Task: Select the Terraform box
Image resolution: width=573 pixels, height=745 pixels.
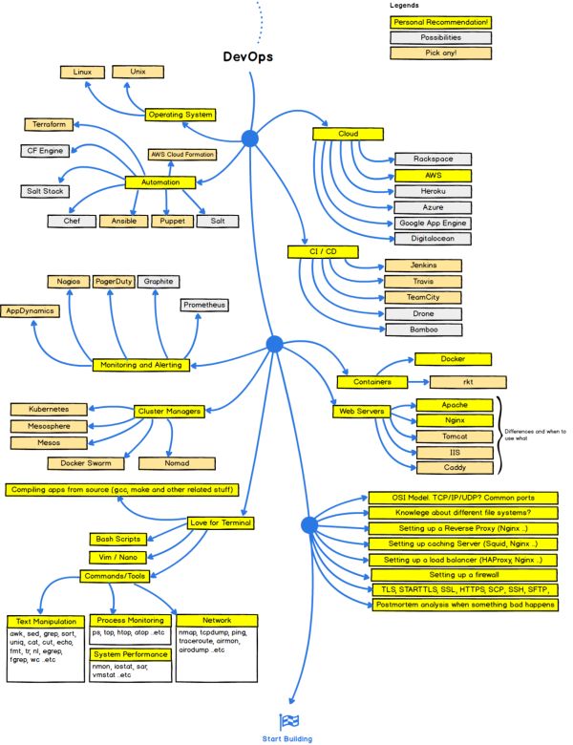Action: tap(48, 125)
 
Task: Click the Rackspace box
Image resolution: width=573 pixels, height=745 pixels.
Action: tap(433, 159)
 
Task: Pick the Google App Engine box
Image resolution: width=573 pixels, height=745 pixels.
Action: tap(433, 223)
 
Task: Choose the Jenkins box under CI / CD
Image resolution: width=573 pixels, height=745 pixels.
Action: tap(422, 265)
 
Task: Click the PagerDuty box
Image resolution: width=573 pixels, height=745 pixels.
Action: tap(112, 282)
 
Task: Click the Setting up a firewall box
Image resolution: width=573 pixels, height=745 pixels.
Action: tap(459, 574)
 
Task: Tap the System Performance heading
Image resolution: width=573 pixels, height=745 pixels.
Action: tap(130, 654)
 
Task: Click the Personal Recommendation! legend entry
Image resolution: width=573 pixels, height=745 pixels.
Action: tap(440, 22)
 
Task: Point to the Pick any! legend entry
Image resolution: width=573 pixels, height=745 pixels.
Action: tap(440, 53)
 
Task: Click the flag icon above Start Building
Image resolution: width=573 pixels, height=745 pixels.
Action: tap(287, 721)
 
